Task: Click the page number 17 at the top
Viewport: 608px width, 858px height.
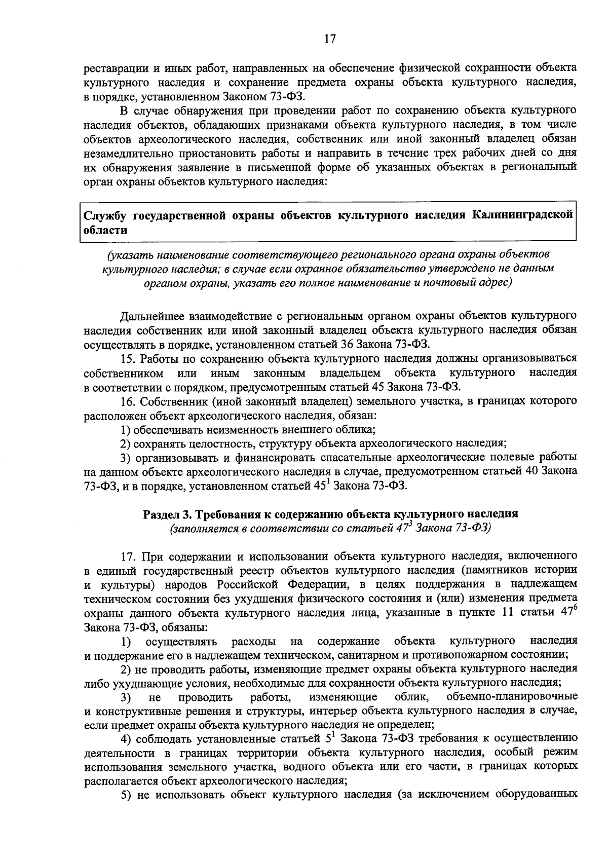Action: click(329, 39)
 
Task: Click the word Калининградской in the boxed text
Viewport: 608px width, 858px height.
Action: click(522, 215)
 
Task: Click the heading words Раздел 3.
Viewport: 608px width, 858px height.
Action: click(167, 514)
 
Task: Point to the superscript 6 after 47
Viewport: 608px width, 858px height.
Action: click(575, 608)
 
